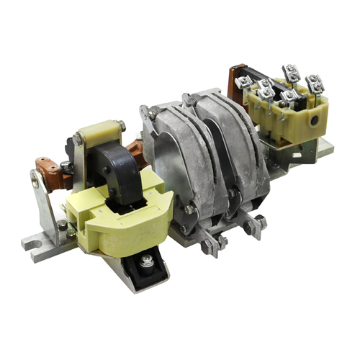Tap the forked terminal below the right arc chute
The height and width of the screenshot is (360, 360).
coord(254,227)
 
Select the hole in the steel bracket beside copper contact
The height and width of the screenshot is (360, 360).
coord(34,181)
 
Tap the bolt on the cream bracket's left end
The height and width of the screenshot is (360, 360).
coord(78,138)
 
